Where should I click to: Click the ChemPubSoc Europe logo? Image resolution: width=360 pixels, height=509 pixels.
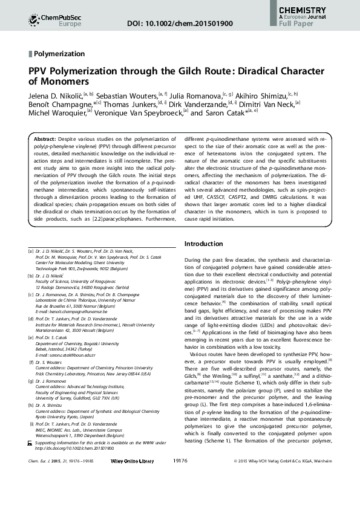(46, 21)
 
